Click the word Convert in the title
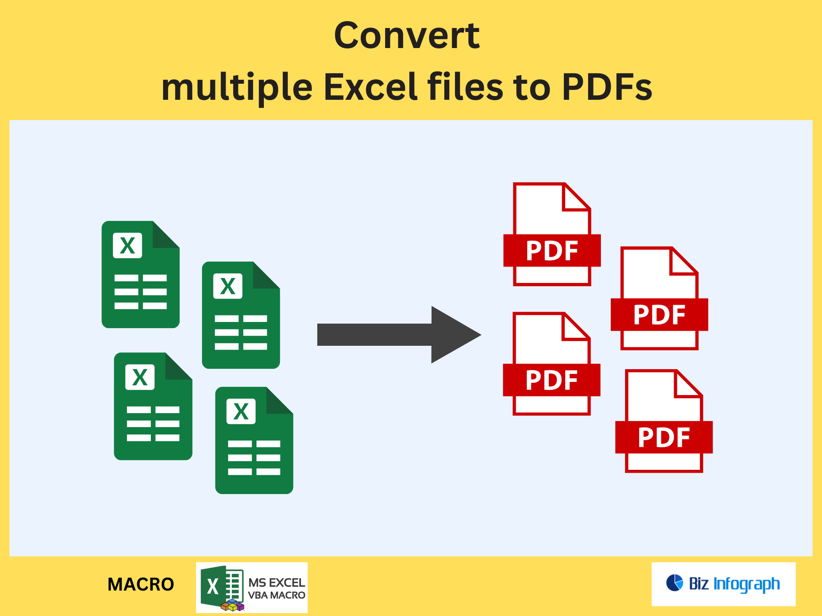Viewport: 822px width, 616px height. point(407,36)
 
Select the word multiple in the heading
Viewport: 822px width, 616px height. point(237,87)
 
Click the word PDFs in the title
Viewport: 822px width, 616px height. point(607,87)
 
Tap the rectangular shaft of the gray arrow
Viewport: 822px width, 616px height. point(374,335)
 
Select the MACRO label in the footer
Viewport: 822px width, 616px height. point(141,584)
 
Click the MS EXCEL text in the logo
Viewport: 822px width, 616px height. point(277,583)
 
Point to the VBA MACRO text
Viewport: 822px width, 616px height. point(277,595)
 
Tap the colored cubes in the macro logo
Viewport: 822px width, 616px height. point(232,605)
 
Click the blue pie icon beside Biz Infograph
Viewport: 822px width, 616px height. point(674,583)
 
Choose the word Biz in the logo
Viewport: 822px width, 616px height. point(699,584)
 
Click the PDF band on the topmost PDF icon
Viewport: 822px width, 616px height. point(552,251)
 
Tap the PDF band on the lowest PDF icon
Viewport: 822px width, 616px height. point(664,437)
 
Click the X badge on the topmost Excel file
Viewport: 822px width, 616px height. point(127,246)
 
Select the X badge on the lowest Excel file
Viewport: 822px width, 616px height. point(241,411)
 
